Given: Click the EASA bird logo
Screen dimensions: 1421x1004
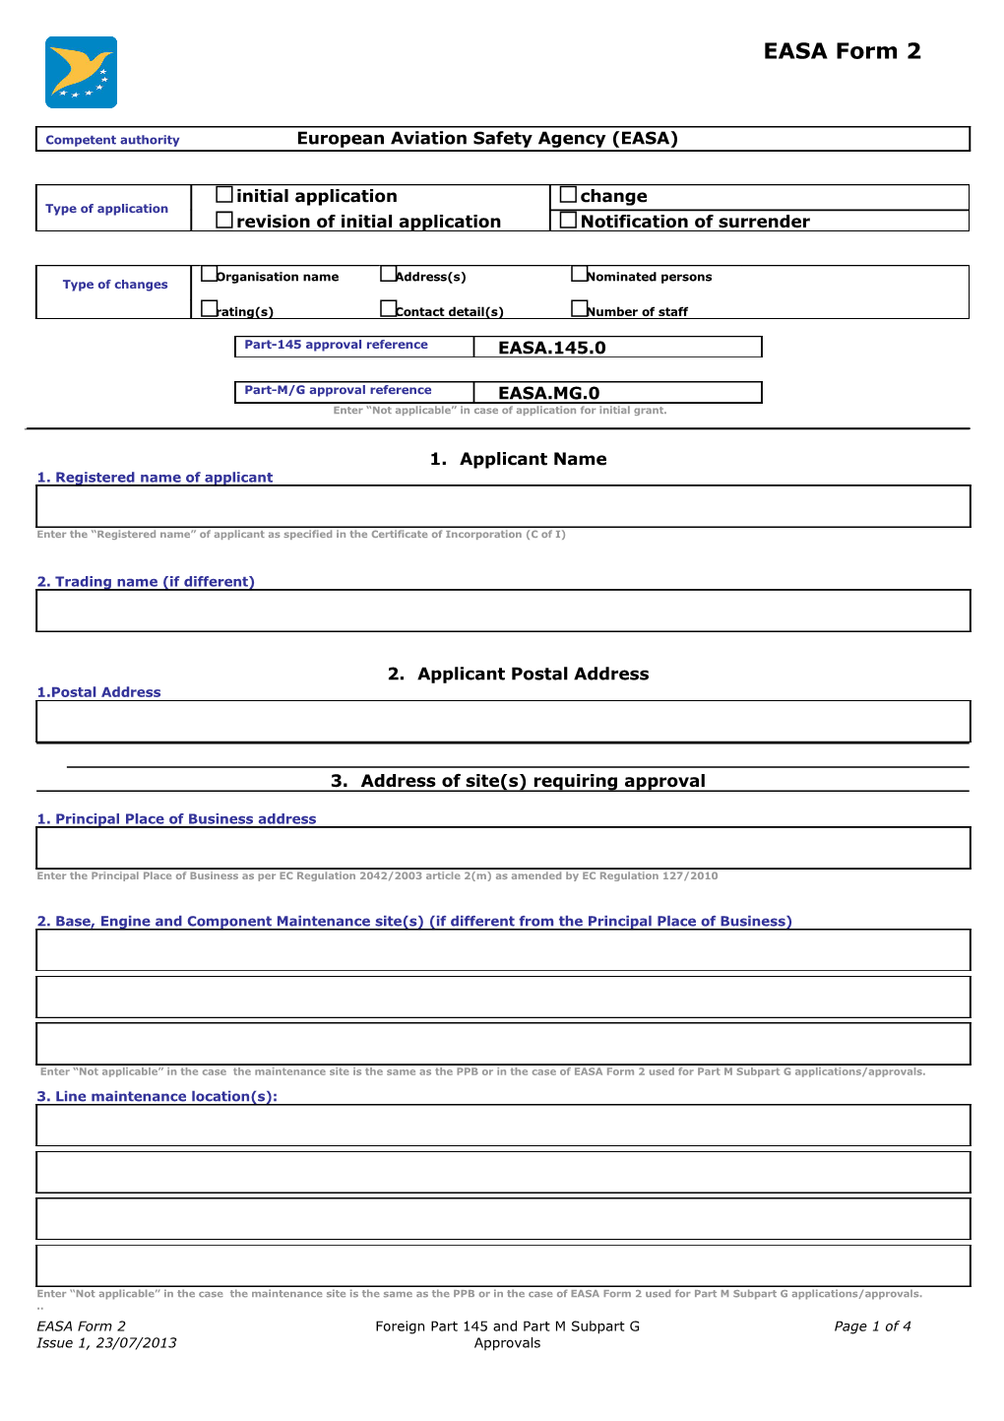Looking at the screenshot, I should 81,73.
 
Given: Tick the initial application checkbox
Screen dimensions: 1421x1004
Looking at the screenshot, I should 224,195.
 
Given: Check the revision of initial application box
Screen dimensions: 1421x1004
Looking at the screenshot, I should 224,221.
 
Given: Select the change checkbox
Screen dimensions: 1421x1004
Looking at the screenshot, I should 568,195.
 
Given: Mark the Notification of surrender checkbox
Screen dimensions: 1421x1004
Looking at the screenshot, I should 568,221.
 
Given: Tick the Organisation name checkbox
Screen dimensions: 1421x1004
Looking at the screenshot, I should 209,274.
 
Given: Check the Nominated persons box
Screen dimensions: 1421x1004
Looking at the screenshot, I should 579,274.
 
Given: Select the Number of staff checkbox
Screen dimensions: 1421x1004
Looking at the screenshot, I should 579,308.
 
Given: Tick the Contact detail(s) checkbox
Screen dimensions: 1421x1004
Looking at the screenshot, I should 388,308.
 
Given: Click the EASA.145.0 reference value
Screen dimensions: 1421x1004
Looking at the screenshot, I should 552,348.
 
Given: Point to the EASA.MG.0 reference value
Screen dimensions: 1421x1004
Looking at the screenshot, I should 549,393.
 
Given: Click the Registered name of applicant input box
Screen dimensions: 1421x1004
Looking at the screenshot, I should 503,506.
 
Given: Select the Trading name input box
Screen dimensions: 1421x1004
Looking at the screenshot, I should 503,611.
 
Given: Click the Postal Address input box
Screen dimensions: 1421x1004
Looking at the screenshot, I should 503,721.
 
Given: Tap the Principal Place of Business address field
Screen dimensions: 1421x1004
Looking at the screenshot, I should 503,848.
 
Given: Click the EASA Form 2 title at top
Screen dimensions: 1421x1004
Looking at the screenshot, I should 842,51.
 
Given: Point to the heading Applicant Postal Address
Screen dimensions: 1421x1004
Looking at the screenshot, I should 519,674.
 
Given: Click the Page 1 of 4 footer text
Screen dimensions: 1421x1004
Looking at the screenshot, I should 872,1326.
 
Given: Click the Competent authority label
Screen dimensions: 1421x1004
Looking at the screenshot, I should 112,140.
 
